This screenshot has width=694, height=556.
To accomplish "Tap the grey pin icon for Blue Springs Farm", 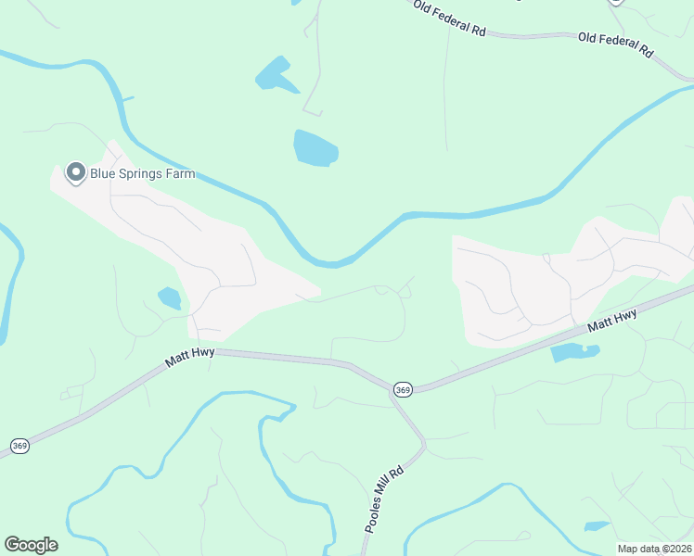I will point(75,172).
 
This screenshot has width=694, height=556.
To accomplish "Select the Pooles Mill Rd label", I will point(384,498).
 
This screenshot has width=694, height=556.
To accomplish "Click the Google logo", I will point(31,545).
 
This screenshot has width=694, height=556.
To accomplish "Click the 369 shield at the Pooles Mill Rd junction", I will point(402,390).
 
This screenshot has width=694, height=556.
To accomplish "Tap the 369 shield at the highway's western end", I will point(19,447).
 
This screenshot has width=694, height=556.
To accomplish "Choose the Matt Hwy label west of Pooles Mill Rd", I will point(190,355).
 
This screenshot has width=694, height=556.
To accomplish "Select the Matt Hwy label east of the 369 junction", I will point(612,322).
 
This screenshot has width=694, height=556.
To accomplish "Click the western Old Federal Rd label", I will point(449,19).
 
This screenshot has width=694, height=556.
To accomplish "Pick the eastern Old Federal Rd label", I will point(615,43).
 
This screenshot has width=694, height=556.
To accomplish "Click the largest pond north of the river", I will point(315,148).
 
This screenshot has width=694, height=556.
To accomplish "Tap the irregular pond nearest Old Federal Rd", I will point(275,73).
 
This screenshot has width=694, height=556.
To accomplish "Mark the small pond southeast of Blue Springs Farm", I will point(169,297).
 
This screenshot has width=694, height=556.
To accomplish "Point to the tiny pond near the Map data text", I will point(597,526).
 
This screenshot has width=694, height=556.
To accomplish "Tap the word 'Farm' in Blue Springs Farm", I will point(179,173).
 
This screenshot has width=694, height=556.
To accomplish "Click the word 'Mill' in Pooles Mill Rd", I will point(383,499).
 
